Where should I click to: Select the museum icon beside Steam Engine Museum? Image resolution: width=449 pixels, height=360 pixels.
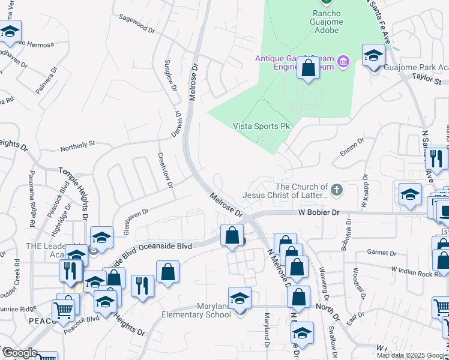tap(343, 61)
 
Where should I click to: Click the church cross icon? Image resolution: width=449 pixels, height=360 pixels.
tap(337, 190)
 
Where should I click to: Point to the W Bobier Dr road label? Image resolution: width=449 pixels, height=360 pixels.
tap(320, 212)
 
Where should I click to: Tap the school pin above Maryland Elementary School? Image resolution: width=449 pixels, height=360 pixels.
tap(240, 298)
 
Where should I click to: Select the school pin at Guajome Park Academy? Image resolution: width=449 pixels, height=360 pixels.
tap(373, 56)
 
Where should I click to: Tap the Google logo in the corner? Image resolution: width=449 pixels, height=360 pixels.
tap(19, 353)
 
